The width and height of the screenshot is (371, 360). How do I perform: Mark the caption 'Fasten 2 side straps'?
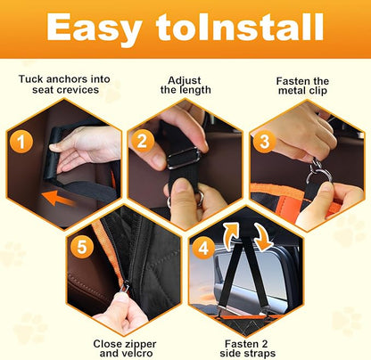pos(243,347)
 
